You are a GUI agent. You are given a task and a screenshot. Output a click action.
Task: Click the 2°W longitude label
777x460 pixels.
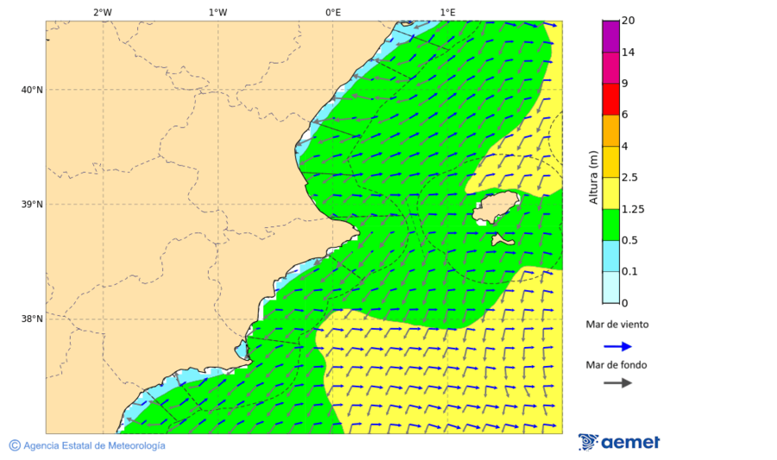click(102, 12)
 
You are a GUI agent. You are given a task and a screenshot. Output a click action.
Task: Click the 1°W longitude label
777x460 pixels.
click(218, 12)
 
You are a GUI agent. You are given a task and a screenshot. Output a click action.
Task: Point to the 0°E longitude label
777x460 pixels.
click(332, 12)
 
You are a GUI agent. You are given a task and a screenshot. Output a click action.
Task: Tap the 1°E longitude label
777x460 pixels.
click(447, 12)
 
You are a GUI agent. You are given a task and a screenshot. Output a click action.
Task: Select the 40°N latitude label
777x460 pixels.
click(32, 90)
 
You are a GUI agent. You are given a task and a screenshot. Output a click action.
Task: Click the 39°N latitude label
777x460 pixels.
click(32, 205)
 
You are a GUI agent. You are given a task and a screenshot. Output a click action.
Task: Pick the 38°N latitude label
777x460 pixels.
click(32, 319)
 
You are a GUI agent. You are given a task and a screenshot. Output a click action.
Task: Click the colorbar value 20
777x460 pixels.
click(629, 21)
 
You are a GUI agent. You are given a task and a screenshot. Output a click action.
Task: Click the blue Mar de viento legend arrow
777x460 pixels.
click(617, 346)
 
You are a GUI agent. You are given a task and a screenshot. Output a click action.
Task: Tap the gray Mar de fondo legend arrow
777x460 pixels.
click(617, 383)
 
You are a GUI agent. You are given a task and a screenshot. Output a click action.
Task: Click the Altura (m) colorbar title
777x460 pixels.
click(593, 177)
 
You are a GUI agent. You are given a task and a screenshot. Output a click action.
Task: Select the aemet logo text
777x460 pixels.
click(630, 443)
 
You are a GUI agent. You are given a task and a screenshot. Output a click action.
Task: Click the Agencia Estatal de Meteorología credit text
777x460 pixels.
click(94, 445)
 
